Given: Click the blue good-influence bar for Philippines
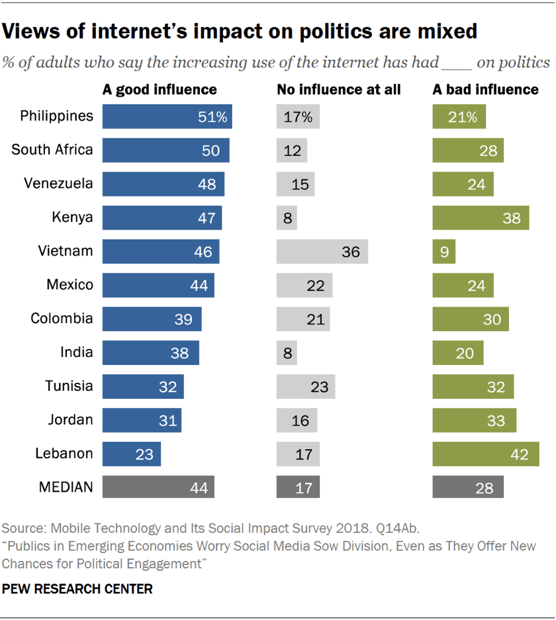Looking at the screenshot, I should click(167, 117).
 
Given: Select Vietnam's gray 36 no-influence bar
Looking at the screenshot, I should click(322, 252).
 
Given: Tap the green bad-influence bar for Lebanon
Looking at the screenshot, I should click(485, 454).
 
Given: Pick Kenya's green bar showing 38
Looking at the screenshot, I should click(481, 218).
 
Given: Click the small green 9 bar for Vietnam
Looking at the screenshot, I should click(443, 252).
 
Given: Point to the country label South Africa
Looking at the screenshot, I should click(52, 150).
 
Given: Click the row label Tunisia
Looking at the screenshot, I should click(69, 386).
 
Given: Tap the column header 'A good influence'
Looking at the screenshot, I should click(159, 89).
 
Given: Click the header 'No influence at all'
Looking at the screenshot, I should click(338, 89).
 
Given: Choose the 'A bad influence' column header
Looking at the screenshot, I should click(485, 89).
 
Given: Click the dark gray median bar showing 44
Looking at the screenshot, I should click(158, 488).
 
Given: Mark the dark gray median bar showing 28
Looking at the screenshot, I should click(468, 488).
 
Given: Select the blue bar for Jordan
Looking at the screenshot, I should click(142, 421).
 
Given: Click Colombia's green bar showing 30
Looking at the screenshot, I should click(471, 319).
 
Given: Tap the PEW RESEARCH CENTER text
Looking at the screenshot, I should click(77, 588).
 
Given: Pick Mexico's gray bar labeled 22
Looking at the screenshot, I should click(304, 285).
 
